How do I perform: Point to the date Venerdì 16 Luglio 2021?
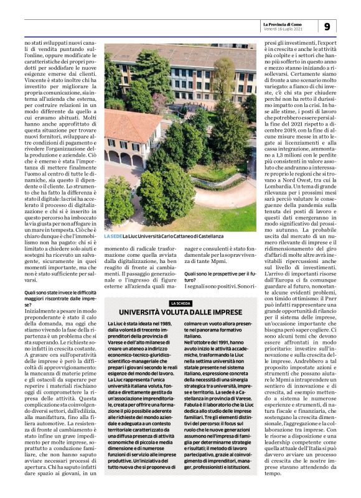coord(283,29)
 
